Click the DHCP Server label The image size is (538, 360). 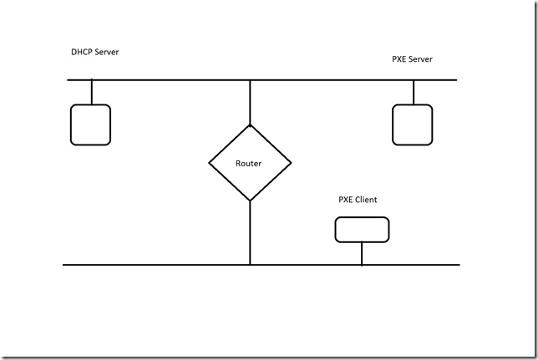94,53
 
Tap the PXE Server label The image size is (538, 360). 412,59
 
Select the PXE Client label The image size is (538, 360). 358,200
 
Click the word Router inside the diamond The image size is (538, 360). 249,164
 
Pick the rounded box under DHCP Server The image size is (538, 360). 90,124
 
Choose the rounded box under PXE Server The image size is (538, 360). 412,124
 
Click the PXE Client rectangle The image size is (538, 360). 362,230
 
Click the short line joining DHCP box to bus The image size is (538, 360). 91,92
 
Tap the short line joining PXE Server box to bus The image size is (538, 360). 413,92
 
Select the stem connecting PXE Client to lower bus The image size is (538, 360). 362,253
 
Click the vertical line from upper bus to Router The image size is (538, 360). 250,102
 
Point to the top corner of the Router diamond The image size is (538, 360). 250,125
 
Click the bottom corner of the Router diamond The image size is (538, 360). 250,200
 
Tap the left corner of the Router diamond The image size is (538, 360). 209,163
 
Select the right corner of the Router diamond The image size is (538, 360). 291,163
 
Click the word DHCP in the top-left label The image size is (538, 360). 83,53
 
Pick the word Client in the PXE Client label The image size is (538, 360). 365,200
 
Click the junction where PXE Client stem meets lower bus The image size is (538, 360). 362,265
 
